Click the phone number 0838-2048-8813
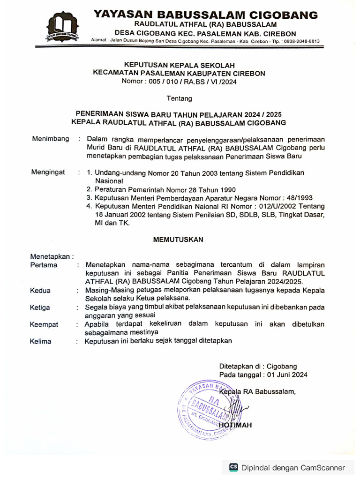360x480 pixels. pyautogui.click(x=298, y=41)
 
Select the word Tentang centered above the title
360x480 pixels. pyautogui.click(x=179, y=98)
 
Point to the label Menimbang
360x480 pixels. pyautogui.click(x=51, y=139)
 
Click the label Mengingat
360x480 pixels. pyautogui.click(x=48, y=172)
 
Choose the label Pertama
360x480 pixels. pyautogui.click(x=44, y=265)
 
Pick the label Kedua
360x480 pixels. pyautogui.click(x=40, y=291)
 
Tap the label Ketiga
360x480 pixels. pyautogui.click(x=41, y=307)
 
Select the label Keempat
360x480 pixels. pyautogui.click(x=44, y=324)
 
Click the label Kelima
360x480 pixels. pyautogui.click(x=41, y=341)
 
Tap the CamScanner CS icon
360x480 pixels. pyautogui.click(x=233, y=467)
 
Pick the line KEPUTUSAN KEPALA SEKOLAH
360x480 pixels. pyautogui.click(x=179, y=65)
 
